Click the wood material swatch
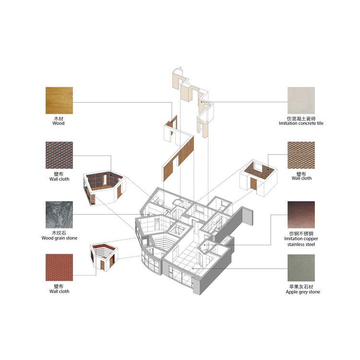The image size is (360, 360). coord(59,100)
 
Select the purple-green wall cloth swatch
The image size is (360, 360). coord(59,155)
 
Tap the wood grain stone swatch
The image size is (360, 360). coord(59,215)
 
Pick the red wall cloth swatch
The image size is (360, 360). coord(59,267)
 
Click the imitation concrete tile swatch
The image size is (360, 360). coord(301,100)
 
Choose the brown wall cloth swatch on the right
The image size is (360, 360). coord(301,155)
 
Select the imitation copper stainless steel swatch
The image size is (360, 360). coord(301,215)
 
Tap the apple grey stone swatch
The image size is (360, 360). coord(301,268)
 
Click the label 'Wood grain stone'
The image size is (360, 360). coord(60,238)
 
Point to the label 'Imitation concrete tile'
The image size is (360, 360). coord(301,123)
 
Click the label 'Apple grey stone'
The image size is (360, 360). coord(303,292)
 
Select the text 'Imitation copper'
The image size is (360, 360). coord(301,239)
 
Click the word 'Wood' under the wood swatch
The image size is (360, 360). coord(59,123)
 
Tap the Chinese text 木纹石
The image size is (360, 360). coord(59,233)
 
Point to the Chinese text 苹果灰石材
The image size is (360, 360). coord(301,287)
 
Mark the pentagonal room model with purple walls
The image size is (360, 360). coord(105,188)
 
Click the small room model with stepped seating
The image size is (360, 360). coord(104,257)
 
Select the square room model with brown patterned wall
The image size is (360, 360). coord(258,178)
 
